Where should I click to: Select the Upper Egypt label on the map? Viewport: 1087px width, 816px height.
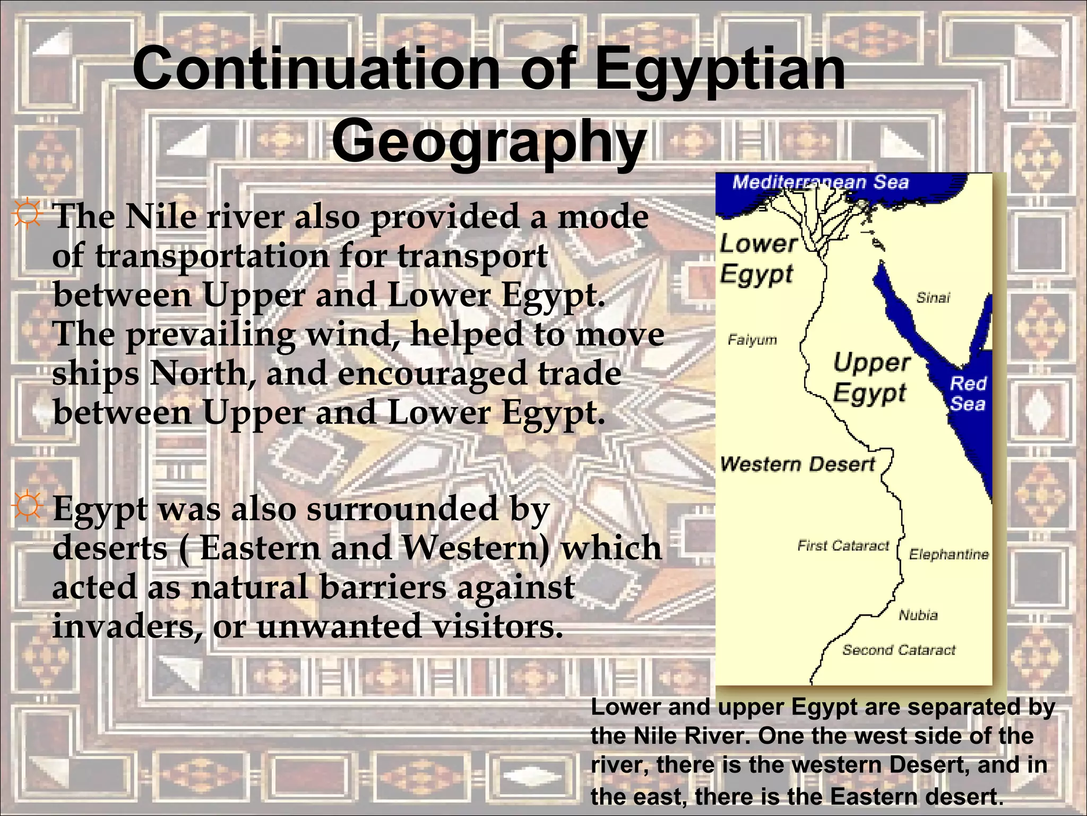point(870,377)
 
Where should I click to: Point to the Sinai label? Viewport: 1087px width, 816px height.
point(933,297)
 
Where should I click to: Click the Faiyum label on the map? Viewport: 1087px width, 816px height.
point(752,340)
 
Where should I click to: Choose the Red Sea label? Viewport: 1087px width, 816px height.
point(967,394)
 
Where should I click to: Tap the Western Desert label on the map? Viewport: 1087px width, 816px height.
point(797,464)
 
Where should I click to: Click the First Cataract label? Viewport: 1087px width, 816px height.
point(843,546)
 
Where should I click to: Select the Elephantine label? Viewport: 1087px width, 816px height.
point(948,555)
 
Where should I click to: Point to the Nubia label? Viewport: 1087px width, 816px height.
point(918,615)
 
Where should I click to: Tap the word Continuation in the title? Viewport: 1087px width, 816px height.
point(316,69)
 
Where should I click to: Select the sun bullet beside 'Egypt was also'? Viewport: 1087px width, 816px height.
point(27,505)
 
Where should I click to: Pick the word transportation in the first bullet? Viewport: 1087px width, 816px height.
point(212,256)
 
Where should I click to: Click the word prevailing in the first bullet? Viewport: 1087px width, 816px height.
point(210,335)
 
